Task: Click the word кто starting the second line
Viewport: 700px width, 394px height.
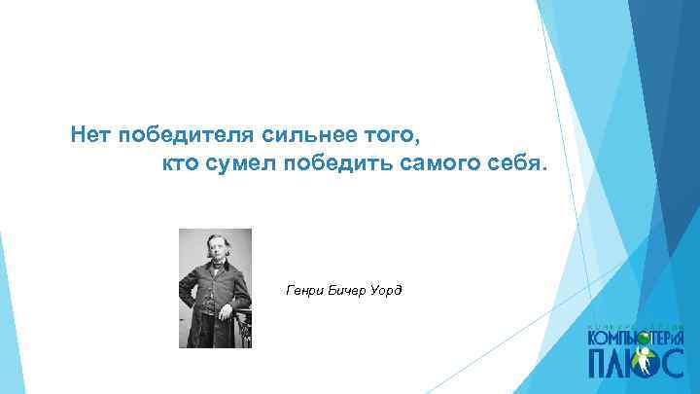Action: click(178, 163)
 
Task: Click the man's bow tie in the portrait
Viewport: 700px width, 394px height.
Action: click(214, 263)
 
